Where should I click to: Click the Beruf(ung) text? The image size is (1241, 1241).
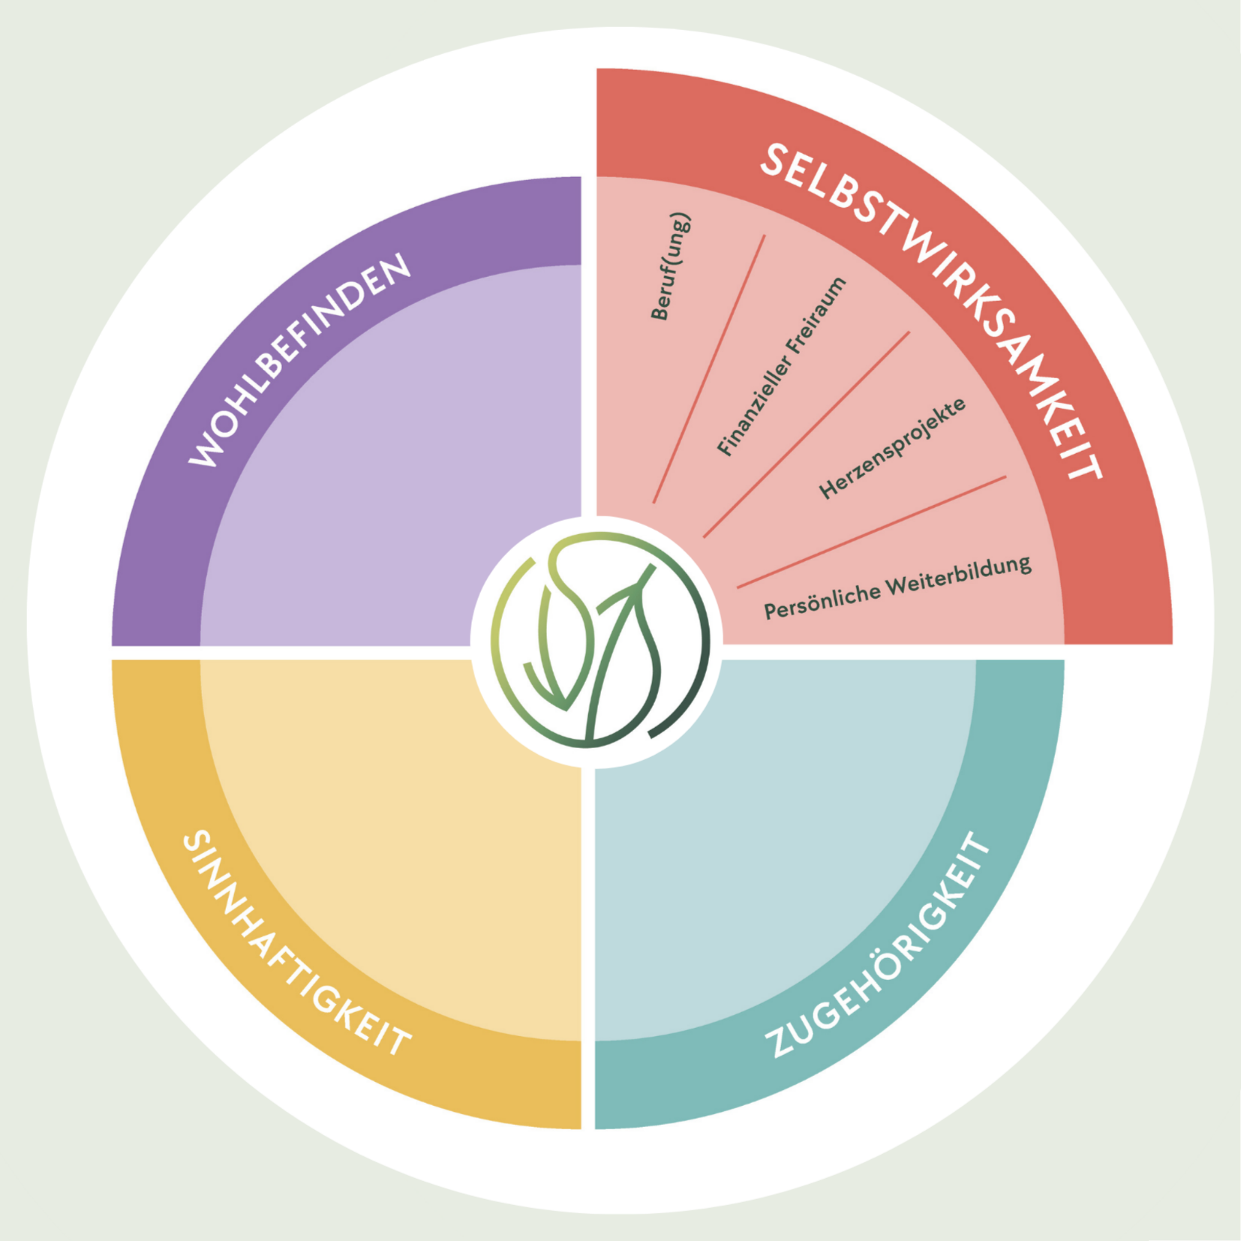point(670,267)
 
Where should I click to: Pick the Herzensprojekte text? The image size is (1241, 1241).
point(892,449)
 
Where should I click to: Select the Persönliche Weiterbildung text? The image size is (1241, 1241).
point(897,588)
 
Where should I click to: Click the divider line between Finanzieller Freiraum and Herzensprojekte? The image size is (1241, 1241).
point(807,434)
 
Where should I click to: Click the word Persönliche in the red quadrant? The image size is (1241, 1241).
point(822,600)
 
